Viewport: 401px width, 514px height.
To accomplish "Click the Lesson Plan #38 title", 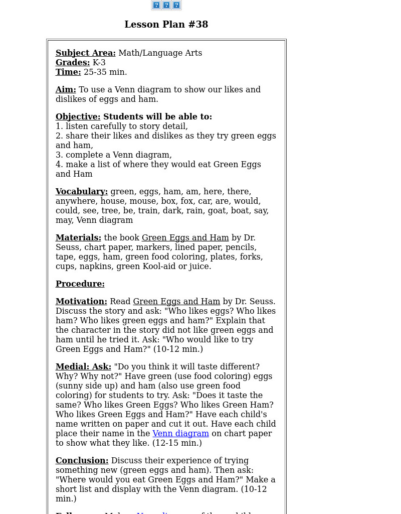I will pyautogui.click(x=166, y=25).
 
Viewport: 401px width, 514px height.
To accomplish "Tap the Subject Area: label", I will pyautogui.click(x=85, y=53).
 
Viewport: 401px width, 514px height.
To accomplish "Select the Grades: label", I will pyautogui.click(x=73, y=62).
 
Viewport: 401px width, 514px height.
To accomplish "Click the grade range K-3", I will pyautogui.click(x=99, y=62).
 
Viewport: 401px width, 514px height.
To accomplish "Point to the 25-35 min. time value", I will pyautogui.click(x=105, y=72).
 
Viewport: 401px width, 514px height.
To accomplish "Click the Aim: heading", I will pyautogui.click(x=66, y=89).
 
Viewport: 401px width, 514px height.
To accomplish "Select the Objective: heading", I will pyautogui.click(x=78, y=116).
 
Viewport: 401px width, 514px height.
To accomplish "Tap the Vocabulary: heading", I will pyautogui.click(x=81, y=191).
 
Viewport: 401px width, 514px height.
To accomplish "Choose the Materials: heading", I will pyautogui.click(x=78, y=237).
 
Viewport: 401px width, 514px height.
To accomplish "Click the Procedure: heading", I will pyautogui.click(x=80, y=284).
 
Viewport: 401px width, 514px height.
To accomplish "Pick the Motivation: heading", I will pyautogui.click(x=81, y=301).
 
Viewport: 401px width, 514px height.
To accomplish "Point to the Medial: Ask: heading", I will pyautogui.click(x=83, y=366).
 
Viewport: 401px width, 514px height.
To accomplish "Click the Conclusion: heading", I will pyautogui.click(x=82, y=460).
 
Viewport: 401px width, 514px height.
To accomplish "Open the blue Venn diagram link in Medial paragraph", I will pyautogui.click(x=180, y=433).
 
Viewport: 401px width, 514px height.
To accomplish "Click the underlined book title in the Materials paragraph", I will pyautogui.click(x=185, y=237).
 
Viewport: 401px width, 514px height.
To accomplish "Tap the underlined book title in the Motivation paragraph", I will pyautogui.click(x=176, y=301).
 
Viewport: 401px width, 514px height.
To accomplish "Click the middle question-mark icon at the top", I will pyautogui.click(x=166, y=5).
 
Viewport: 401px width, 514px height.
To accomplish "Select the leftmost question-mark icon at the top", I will pyautogui.click(x=156, y=5).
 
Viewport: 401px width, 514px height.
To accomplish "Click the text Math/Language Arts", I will pyautogui.click(x=160, y=53).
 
